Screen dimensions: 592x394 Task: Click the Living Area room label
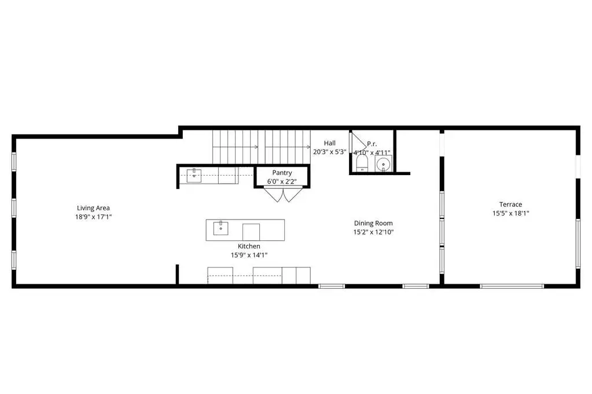tap(93, 208)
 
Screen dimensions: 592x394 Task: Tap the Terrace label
tap(510, 205)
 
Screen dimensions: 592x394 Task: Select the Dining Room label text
tap(373, 223)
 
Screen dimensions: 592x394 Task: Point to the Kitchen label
tap(249, 246)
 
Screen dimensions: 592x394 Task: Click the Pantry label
tap(282, 173)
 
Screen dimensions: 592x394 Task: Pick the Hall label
tap(330, 143)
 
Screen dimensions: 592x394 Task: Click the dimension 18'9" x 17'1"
tap(93, 217)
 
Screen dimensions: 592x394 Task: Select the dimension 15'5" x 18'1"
tap(510, 213)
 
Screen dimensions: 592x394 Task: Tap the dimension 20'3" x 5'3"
tap(330, 152)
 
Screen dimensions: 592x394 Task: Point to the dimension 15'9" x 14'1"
tap(249, 255)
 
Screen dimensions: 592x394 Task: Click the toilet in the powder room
tap(362, 163)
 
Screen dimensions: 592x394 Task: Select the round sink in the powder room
tap(384, 165)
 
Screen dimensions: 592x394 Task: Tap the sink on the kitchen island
tap(220, 228)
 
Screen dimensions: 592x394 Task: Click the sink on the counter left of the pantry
tap(194, 175)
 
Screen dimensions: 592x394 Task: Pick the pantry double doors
tap(283, 195)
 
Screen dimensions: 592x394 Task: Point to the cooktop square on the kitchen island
tap(251, 232)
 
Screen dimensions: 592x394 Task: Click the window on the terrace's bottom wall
tap(512, 286)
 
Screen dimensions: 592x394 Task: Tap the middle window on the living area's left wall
tap(14, 208)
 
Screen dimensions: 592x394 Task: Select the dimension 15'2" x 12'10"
tap(373, 232)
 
